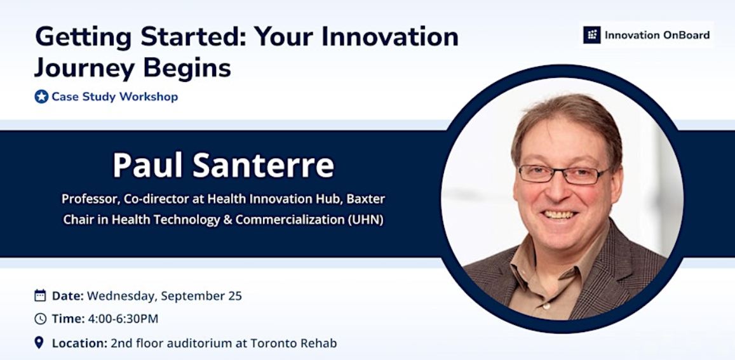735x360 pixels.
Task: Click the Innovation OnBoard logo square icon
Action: coord(591,35)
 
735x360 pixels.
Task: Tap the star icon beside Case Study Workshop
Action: coord(42,97)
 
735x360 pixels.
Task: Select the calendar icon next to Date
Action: coord(40,295)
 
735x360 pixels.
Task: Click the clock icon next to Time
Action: coord(40,319)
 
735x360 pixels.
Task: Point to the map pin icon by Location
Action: coord(39,343)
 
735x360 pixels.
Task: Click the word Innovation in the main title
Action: coord(389,37)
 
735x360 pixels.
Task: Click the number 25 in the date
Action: coord(235,296)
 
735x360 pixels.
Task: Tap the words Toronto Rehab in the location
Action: coord(294,343)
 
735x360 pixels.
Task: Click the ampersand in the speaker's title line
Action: coord(227,220)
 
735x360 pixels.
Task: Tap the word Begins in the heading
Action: coord(187,69)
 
